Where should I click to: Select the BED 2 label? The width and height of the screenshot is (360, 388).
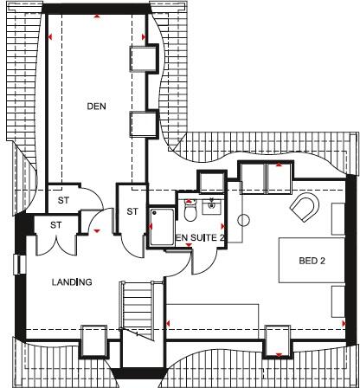click(x=312, y=260)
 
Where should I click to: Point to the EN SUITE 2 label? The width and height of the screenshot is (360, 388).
click(x=201, y=237)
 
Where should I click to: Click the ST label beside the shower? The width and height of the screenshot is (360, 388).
click(x=132, y=210)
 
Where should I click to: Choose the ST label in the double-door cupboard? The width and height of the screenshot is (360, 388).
click(x=56, y=225)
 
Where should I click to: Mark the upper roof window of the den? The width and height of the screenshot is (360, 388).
click(x=141, y=60)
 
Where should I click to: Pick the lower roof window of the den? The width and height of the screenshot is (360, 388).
click(x=141, y=124)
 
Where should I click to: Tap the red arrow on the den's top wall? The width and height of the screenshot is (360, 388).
click(x=98, y=16)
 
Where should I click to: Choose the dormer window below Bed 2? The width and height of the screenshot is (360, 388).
click(x=278, y=339)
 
